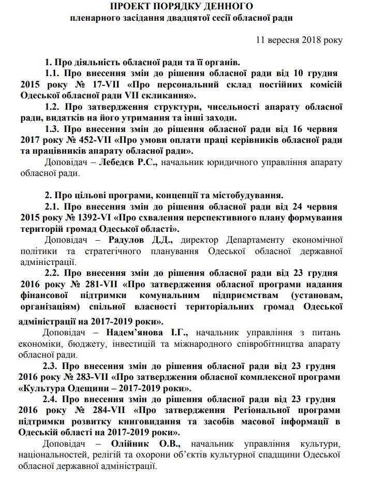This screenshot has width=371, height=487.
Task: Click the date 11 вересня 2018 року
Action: (x=299, y=39)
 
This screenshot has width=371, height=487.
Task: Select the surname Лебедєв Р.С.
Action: (x=133, y=163)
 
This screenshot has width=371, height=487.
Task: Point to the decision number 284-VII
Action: (x=106, y=410)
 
